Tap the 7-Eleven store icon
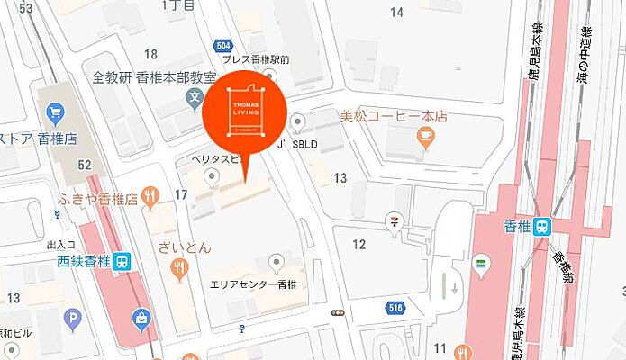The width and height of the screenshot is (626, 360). tap(393, 220)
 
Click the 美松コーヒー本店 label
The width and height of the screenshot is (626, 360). tap(393, 116)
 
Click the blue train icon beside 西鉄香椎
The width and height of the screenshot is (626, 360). tap(123, 261)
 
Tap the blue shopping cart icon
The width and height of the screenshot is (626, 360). tap(54, 114)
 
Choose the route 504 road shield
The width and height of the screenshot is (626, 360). tap(224, 46)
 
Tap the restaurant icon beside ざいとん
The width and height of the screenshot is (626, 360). tap(180, 265)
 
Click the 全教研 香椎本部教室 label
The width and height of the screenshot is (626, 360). tap(155, 78)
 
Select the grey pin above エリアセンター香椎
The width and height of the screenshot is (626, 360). tap(277, 262)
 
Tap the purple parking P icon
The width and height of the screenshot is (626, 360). tap(73, 317)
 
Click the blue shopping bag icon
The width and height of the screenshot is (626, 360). tap(141, 317)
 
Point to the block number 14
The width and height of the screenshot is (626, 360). tap(396, 12)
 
